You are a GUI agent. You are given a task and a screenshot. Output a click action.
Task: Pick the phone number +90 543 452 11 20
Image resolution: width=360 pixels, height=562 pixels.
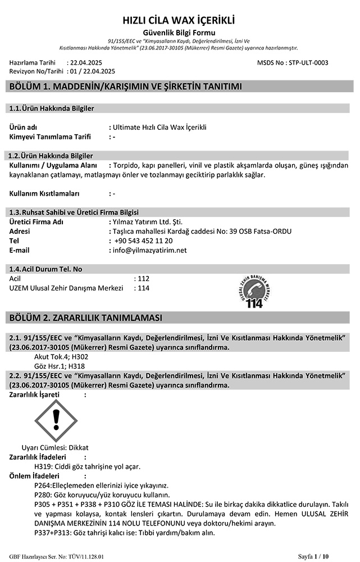click(143, 241)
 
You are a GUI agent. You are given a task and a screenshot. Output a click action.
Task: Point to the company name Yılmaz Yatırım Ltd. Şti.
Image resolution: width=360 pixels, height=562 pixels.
click(148, 221)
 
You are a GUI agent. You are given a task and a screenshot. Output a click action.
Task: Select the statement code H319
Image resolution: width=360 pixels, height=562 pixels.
click(43, 466)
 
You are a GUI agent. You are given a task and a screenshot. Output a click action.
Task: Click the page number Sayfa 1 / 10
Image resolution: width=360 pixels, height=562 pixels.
click(331, 556)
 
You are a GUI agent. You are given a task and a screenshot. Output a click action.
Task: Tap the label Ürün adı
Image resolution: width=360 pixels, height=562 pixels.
click(24, 127)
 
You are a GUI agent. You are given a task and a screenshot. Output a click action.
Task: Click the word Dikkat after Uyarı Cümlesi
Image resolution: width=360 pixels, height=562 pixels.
click(78, 447)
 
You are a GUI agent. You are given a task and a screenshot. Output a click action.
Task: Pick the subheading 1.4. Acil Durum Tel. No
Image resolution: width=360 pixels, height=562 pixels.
click(46, 269)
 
